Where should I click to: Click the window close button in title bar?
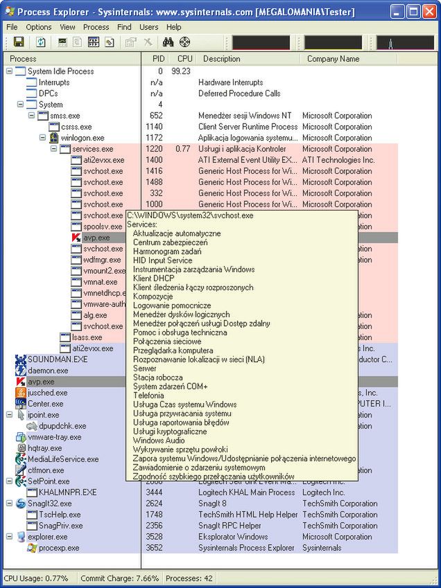pos(429,12)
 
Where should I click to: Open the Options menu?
pos(39,27)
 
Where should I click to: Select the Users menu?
pos(148,27)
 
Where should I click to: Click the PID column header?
pos(158,59)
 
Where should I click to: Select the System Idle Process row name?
pos(60,71)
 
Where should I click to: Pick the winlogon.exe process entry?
pos(83,138)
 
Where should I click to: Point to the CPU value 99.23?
pos(181,71)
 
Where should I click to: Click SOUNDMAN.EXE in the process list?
pos(58,359)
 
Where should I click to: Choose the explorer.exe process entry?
pos(47,537)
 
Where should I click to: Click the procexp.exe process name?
pos(59,548)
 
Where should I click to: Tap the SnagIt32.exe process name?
pos(49,504)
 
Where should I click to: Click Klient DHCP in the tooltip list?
pos(153,278)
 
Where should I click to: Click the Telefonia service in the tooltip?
pos(149,395)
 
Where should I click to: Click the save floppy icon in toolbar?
pos(19,42)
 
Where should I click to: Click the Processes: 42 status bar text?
pos(190,578)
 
